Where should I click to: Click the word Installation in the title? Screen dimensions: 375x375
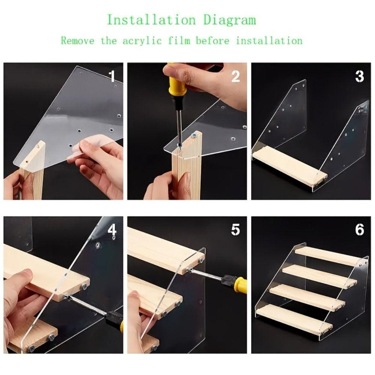(x=151, y=19)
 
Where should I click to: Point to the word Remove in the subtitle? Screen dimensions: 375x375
(x=78, y=40)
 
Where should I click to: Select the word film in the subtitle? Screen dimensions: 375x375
(x=179, y=40)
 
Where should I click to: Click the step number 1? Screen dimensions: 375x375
(x=112, y=76)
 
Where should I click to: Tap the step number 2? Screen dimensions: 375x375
(x=235, y=76)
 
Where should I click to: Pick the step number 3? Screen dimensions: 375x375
(x=360, y=76)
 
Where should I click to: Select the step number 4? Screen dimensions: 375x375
(x=112, y=230)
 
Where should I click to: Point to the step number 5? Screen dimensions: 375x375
(x=235, y=230)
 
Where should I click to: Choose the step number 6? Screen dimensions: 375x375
(x=360, y=230)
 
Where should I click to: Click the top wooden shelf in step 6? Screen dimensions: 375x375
(x=328, y=255)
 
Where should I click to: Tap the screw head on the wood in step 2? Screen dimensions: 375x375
(x=193, y=136)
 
